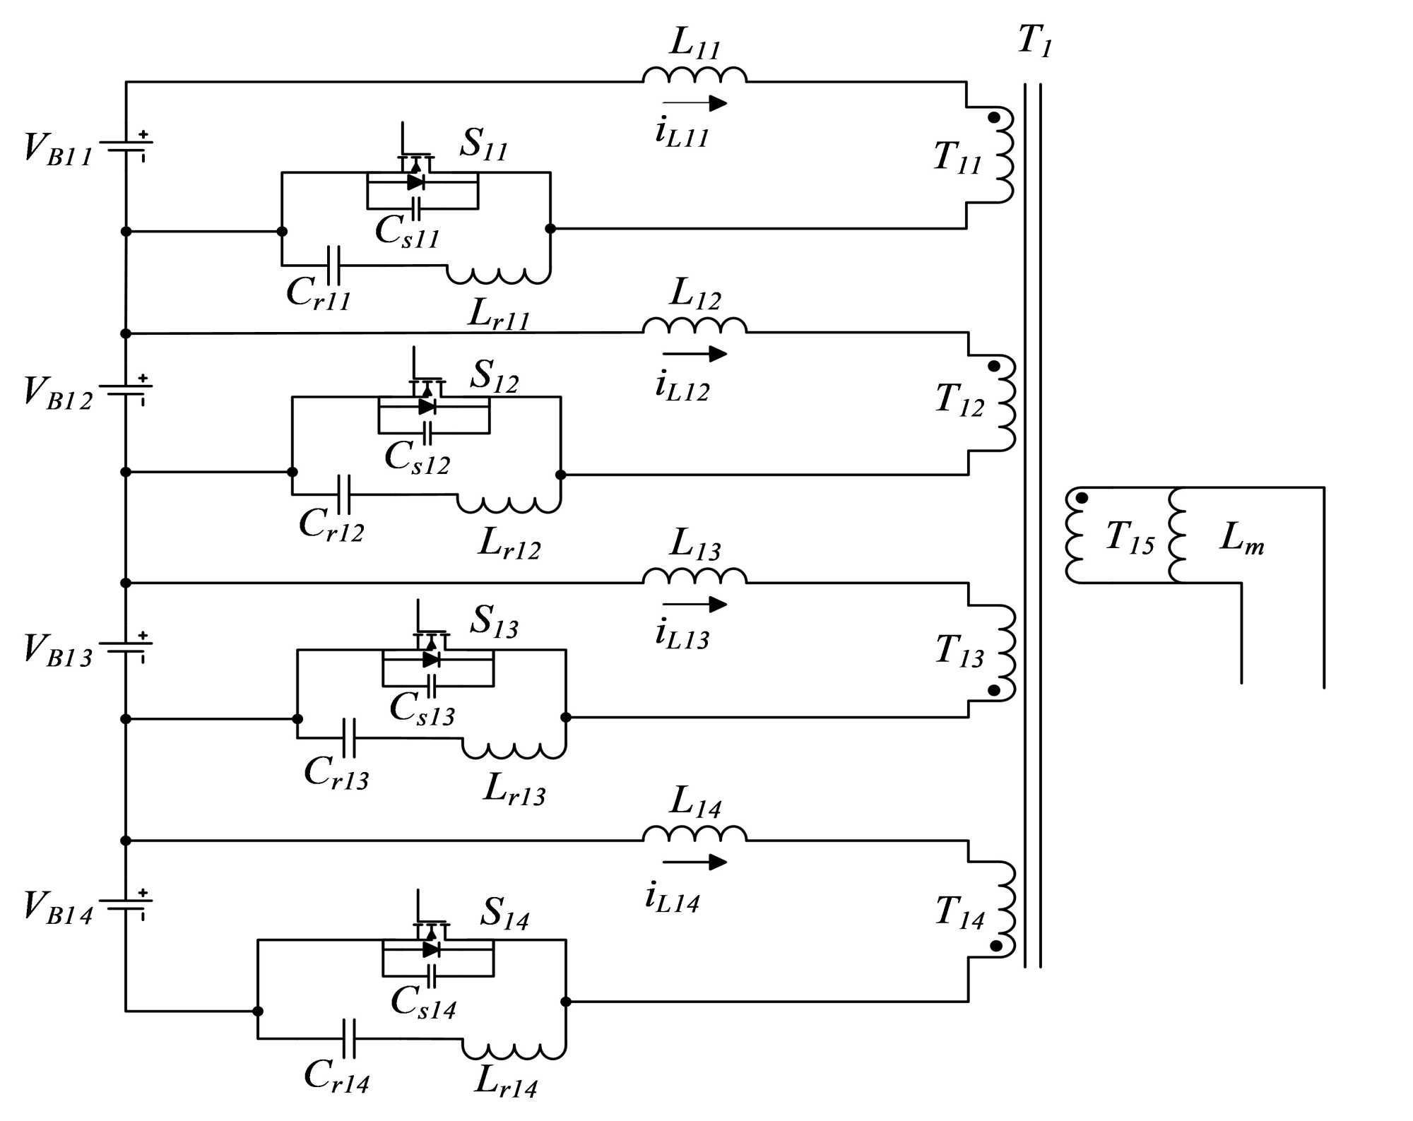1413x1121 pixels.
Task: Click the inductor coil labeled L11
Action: pyautogui.click(x=694, y=74)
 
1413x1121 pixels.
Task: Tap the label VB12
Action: pyautogui.click(x=57, y=393)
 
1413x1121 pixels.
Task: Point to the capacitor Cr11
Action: pyautogui.click(x=333, y=266)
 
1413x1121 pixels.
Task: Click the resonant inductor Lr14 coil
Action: pyautogui.click(x=514, y=1050)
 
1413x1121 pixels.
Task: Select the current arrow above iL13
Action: pyautogui.click(x=694, y=604)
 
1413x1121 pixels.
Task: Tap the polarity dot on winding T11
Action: pyautogui.click(x=993, y=117)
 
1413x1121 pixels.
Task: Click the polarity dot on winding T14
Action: pyautogui.click(x=995, y=945)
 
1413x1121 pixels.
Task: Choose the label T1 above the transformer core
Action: pyautogui.click(x=1034, y=40)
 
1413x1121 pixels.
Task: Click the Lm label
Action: pyautogui.click(x=1241, y=538)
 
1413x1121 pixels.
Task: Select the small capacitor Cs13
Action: pyautogui.click(x=431, y=686)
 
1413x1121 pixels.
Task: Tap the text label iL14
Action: pyautogui.click(x=672, y=898)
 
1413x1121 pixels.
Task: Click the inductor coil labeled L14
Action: pyautogui.click(x=694, y=834)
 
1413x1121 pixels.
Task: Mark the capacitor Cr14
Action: pyautogui.click(x=348, y=1038)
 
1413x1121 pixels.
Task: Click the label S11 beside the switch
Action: pyautogui.click(x=483, y=144)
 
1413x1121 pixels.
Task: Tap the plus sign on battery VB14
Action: pyautogui.click(x=143, y=893)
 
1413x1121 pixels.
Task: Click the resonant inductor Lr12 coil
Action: pyautogui.click(x=509, y=504)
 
